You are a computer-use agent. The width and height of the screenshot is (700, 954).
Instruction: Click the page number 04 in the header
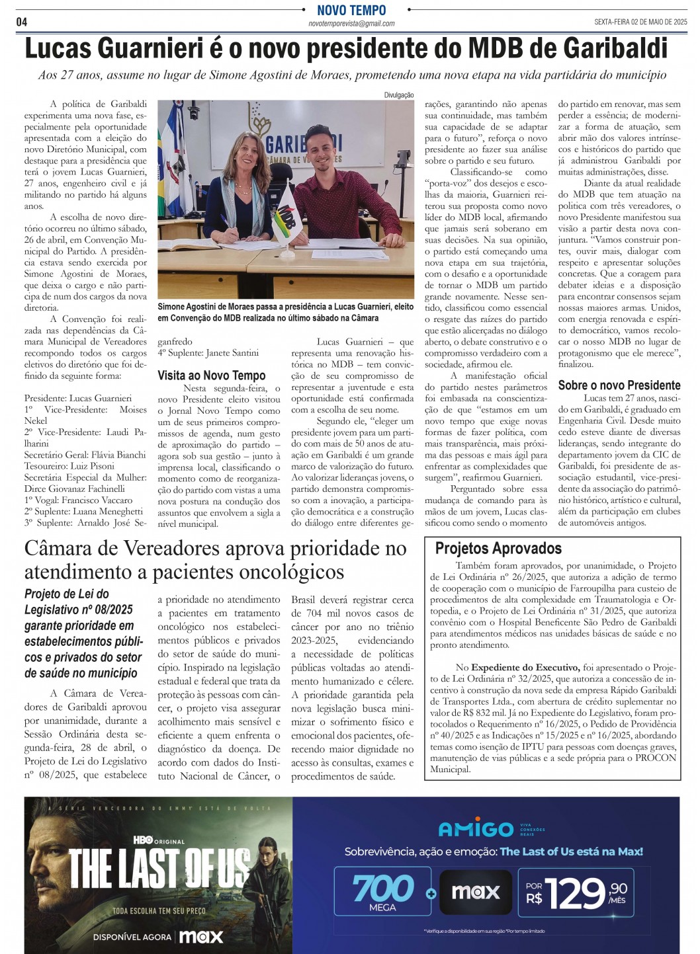pos(22,22)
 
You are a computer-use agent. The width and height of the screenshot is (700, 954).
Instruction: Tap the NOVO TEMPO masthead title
pos(351,10)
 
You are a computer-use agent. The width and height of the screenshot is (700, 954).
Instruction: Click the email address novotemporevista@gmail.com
pos(351,24)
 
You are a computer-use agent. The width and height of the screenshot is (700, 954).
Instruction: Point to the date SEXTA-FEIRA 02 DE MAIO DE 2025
pos(640,22)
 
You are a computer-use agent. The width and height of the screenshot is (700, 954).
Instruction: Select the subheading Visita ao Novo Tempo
pos(211,376)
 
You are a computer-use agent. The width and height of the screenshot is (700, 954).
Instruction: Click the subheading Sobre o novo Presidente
pos(619,385)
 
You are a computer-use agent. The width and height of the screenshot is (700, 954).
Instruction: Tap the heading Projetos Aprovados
pos(498,548)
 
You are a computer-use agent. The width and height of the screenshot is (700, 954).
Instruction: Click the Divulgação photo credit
pos(398,95)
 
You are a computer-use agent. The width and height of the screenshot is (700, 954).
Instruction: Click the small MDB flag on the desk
pos(286,214)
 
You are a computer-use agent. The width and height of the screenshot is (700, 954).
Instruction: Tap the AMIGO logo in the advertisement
pos(476,829)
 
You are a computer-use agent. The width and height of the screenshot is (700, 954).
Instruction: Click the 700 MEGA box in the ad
pos(383,891)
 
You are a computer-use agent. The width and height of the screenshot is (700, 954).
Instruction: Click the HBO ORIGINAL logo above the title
pos(158,840)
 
